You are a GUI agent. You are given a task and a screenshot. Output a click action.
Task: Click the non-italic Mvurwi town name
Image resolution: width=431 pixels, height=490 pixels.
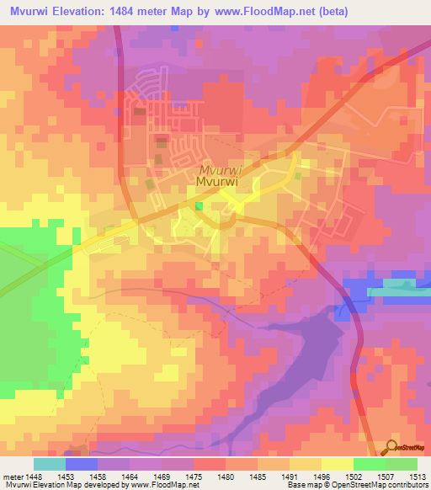(220, 181)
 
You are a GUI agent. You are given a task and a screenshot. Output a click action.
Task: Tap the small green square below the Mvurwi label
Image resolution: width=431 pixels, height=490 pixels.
(199, 206)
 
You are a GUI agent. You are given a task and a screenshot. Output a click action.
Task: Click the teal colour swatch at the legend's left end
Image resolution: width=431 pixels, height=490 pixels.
(49, 464)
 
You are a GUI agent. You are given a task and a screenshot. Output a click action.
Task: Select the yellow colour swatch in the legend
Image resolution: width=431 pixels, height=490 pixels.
(337, 464)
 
